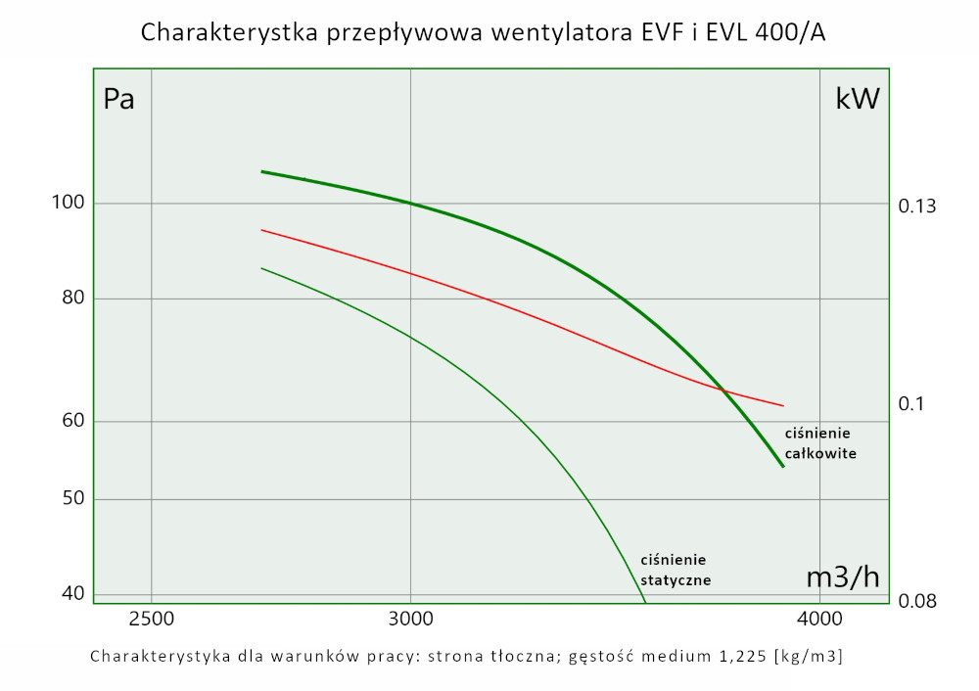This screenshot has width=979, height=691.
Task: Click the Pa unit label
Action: click(118, 99)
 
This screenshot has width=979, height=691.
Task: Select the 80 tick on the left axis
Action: click(74, 299)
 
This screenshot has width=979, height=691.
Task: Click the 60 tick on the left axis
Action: click(74, 422)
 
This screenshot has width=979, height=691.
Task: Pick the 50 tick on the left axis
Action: click(74, 499)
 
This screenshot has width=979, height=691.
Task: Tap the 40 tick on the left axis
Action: click(74, 593)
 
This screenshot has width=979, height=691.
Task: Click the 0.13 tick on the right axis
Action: click(917, 207)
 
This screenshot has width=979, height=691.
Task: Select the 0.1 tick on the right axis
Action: click(911, 404)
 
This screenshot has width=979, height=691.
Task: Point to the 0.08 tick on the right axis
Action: click(917, 600)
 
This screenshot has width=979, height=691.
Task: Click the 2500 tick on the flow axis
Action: click(151, 620)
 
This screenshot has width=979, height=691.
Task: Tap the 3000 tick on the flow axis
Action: click(410, 620)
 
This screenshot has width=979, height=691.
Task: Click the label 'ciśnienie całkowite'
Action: click(820, 443)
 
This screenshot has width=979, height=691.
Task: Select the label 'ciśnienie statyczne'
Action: click(675, 570)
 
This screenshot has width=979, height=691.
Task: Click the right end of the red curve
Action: click(784, 405)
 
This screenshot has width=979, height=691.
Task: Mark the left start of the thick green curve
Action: click(261, 171)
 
